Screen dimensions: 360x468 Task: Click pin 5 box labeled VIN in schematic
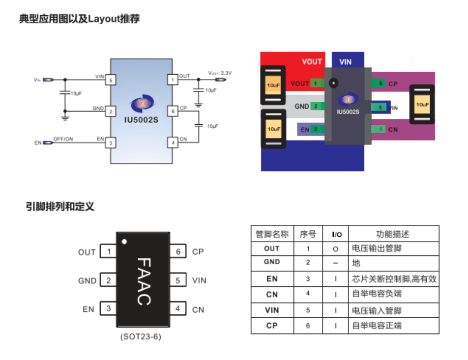click(112, 79)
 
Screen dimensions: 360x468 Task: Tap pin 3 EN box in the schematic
click(112, 142)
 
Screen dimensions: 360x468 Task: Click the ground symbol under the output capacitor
click(198, 105)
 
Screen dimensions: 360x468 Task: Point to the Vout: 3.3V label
click(220, 73)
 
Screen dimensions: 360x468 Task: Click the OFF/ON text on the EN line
click(63, 139)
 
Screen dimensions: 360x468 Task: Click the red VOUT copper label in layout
click(312, 61)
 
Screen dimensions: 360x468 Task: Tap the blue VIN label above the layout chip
click(345, 62)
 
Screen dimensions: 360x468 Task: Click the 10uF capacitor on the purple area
click(422, 105)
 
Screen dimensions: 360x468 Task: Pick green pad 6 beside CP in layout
click(380, 83)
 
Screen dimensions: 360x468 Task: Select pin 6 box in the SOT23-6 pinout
click(178, 251)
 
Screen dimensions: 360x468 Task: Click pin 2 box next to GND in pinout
click(108, 281)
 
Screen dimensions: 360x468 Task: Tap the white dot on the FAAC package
click(124, 241)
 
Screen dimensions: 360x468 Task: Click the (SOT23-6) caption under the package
click(141, 337)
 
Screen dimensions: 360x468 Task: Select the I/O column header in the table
click(337, 234)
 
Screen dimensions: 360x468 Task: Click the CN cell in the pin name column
click(272, 295)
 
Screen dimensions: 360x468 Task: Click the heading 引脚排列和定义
click(60, 207)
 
